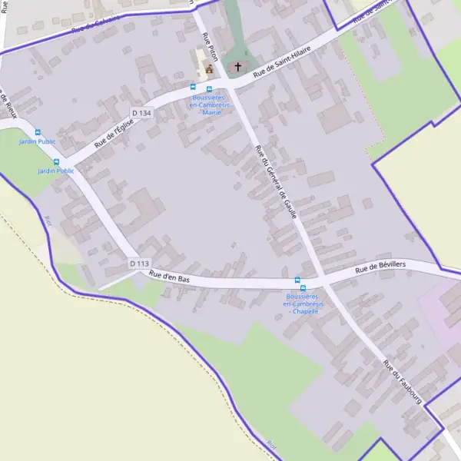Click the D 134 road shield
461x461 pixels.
[x=141, y=113]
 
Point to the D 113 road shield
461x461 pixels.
[x=139, y=264]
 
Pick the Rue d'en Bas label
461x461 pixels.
[x=170, y=274]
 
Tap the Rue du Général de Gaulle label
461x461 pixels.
[x=275, y=182]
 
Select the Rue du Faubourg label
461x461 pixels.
[x=403, y=386]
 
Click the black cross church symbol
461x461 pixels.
[x=238, y=67]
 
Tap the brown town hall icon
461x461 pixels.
[x=208, y=69]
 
